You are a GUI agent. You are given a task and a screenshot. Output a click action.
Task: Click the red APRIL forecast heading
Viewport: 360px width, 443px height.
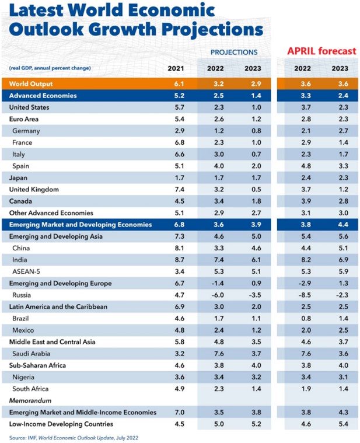321,51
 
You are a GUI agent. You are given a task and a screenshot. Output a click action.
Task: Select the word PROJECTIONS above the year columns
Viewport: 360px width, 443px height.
234,53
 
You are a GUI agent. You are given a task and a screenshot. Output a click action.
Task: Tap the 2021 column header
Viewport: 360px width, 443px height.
176,68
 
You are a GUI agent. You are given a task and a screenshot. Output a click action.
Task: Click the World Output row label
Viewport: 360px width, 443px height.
31,84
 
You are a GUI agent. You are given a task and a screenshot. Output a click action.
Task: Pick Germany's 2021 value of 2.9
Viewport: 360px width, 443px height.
180,131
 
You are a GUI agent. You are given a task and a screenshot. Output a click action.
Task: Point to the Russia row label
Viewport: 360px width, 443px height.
22,295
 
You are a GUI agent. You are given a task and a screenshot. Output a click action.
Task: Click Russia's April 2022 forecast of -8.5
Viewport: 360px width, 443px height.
305,295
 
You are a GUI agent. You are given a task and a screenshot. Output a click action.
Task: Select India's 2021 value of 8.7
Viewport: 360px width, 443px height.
180,260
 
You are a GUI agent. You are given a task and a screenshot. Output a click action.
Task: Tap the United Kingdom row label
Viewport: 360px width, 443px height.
34,190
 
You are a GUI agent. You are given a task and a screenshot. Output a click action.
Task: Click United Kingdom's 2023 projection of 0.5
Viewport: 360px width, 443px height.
256,189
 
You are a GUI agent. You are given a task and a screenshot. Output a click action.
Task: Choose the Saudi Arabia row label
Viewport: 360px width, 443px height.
32,354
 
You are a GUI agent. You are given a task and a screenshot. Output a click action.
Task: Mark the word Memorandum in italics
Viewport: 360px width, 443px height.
30,400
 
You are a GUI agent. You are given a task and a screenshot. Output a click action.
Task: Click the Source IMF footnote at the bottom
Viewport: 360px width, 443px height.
74,438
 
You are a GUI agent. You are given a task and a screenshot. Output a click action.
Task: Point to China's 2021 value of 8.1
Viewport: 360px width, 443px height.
180,248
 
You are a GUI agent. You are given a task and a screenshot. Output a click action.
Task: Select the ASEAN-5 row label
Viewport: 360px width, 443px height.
26,271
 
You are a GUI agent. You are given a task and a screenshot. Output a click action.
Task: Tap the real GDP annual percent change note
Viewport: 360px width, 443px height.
50,68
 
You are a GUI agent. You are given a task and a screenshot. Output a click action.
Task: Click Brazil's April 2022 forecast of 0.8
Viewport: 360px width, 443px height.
306,319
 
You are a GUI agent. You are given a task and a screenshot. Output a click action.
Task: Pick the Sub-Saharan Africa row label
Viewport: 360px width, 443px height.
37,365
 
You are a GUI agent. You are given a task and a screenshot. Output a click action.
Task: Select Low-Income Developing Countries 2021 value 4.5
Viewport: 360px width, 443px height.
180,424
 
